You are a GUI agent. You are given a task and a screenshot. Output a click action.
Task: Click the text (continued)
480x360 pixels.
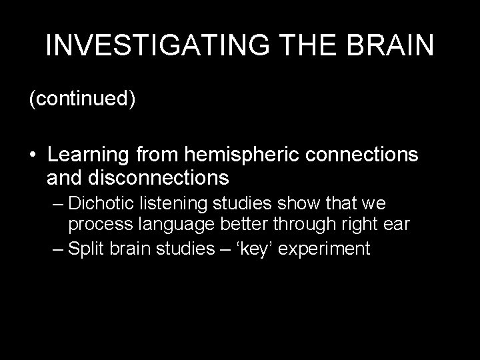coord(82,99)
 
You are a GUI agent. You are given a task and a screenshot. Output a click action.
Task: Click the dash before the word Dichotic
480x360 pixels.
coord(57,203)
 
